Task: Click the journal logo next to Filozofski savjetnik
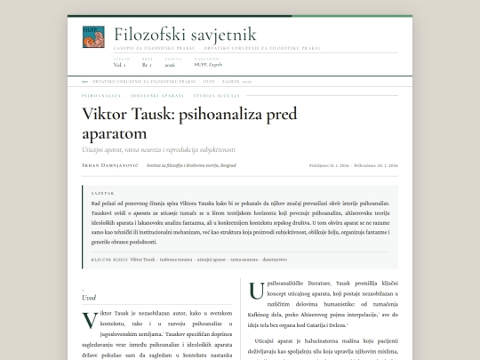(92, 36)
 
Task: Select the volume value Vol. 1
(119, 65)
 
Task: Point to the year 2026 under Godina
(170, 65)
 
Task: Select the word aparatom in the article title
(119, 132)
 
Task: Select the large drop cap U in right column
(256, 290)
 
